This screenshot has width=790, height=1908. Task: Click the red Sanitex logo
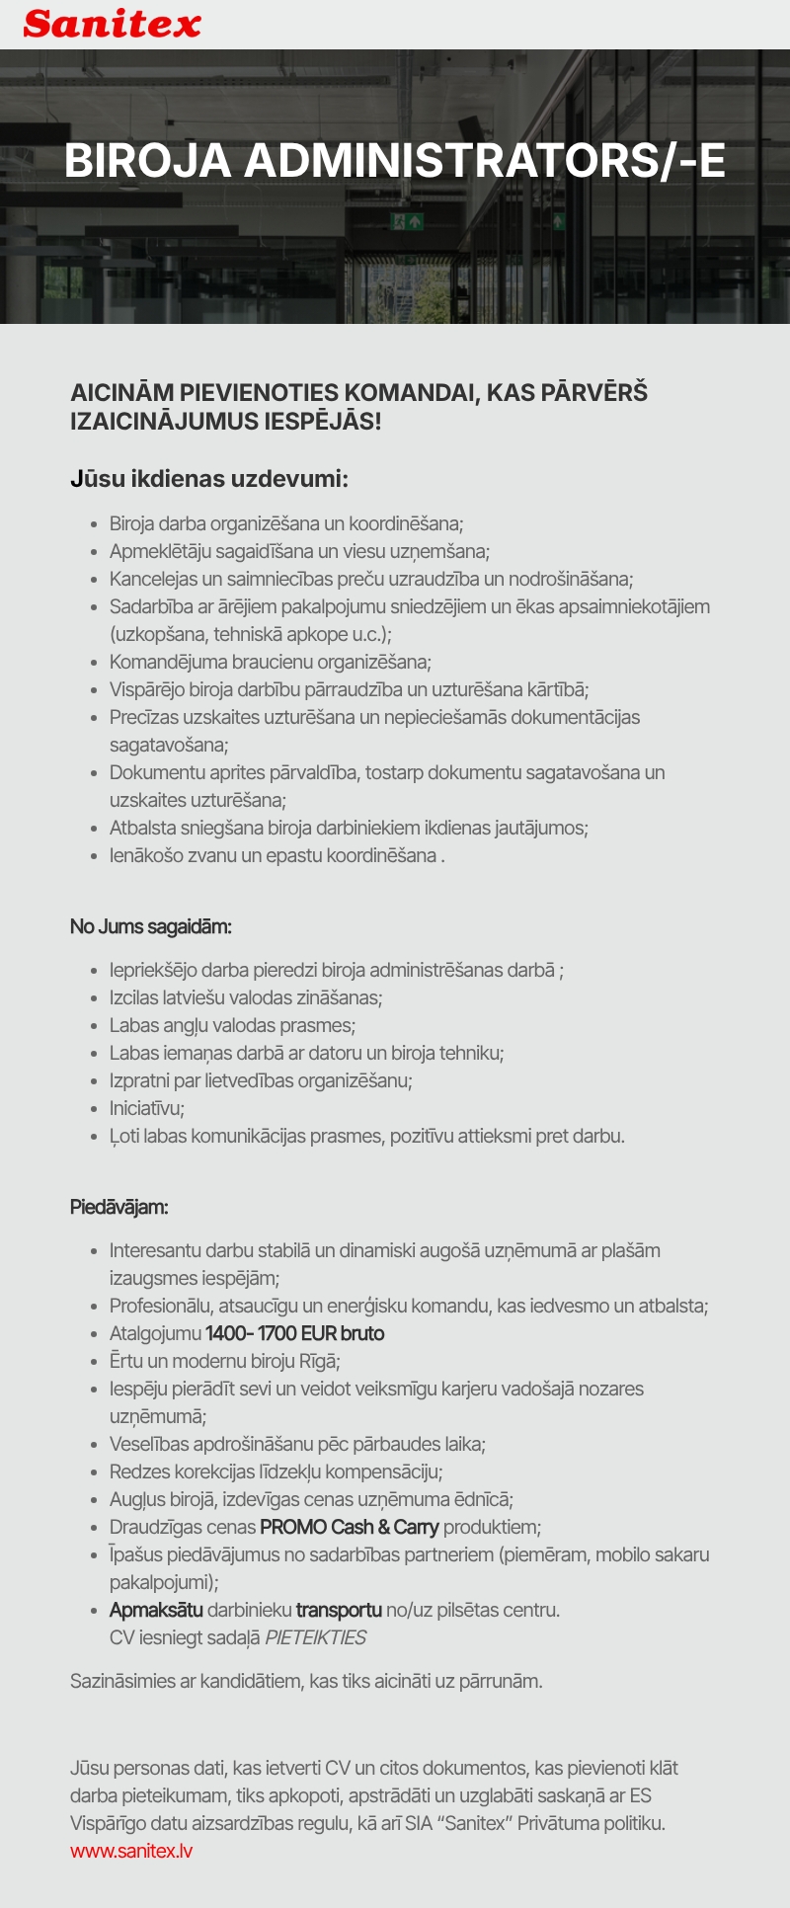(112, 24)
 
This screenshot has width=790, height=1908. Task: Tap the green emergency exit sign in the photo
(406, 221)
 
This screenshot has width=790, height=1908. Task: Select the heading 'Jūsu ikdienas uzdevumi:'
(209, 479)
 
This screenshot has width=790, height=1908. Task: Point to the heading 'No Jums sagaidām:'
(150, 926)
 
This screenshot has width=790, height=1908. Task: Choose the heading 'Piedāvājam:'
(118, 1207)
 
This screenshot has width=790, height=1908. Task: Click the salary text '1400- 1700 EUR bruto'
(294, 1333)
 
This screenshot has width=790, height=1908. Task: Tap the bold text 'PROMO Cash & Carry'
(349, 1527)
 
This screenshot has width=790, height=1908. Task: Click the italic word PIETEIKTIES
(315, 1637)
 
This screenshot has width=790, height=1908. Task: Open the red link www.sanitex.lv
(131, 1851)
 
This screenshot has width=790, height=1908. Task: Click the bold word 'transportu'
(338, 1610)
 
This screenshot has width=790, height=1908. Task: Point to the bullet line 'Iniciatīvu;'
(147, 1108)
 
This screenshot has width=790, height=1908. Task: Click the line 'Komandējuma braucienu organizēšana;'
(270, 662)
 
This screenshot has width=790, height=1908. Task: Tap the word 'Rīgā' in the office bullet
(318, 1361)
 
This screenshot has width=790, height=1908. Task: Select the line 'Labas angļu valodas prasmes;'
(232, 1025)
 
